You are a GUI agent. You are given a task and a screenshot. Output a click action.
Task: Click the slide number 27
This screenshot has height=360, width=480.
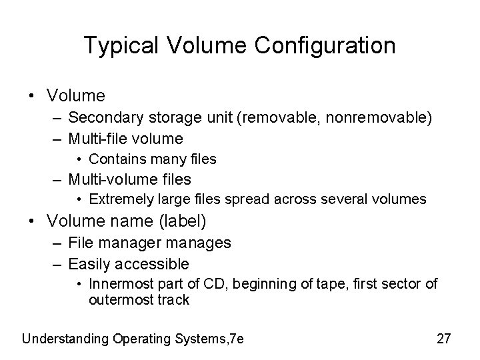[444, 339]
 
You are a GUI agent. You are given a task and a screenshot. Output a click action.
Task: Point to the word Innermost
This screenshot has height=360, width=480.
[120, 284]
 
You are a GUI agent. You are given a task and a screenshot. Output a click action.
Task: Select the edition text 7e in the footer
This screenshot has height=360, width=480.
[235, 339]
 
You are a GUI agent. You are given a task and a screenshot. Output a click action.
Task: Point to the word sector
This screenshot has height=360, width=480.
[405, 284]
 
